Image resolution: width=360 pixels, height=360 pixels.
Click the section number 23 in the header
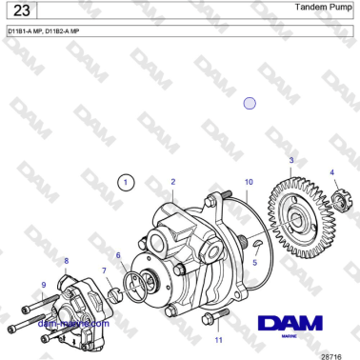click(21, 12)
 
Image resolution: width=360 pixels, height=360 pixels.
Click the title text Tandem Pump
click(319, 8)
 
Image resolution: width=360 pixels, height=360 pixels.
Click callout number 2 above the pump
click(172, 181)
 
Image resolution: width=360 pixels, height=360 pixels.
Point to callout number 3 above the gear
click(291, 160)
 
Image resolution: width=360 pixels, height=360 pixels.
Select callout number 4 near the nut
click(332, 172)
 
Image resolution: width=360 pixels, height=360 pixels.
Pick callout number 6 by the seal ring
click(118, 255)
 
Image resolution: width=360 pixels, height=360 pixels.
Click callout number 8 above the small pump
click(66, 260)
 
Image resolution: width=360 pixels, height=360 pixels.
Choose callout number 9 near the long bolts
click(43, 284)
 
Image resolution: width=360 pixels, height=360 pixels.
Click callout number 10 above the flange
click(249, 181)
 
